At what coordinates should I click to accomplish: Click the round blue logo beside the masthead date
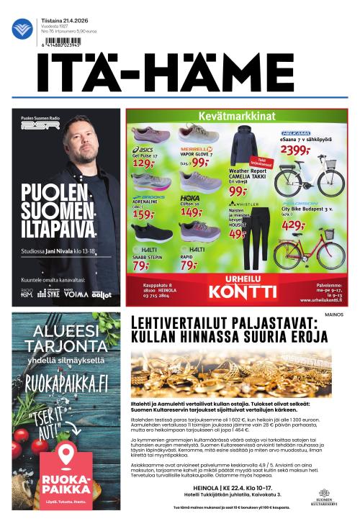[x=22, y=29]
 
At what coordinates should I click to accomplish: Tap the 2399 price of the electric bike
[x=295, y=150]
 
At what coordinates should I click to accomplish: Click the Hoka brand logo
[x=190, y=197]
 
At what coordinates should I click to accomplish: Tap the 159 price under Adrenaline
[x=143, y=214]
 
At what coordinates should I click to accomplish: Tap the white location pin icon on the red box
[x=66, y=455]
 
